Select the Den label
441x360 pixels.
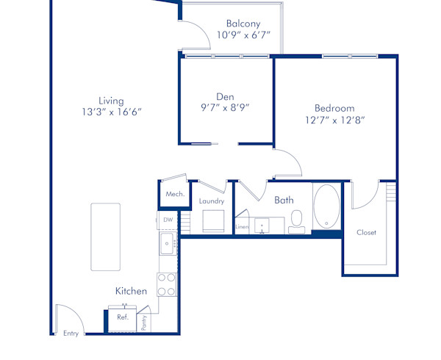225,96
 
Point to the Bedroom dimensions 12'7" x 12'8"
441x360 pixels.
335,120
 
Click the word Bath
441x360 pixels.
284,200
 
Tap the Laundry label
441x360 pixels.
212,201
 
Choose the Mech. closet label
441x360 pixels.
174,194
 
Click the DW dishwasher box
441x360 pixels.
168,220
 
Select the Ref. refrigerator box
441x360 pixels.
123,317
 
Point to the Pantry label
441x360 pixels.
145,321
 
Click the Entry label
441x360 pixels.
71,334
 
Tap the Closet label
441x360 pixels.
366,232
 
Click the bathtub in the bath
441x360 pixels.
327,206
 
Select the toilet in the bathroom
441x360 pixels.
297,220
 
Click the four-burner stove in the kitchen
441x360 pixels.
167,284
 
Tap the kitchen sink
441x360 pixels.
167,243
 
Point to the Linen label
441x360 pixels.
242,228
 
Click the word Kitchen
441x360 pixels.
131,291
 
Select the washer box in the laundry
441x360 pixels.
213,221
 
